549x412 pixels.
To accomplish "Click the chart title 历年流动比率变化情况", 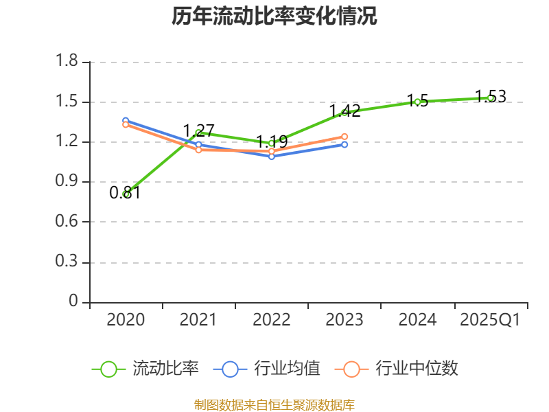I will tap(274, 16).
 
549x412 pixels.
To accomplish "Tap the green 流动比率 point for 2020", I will tap(126, 194).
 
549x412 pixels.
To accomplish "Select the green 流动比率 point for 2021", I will tap(198, 133).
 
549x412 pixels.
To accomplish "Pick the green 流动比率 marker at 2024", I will tap(417, 102).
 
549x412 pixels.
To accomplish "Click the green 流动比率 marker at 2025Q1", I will tap(490, 98).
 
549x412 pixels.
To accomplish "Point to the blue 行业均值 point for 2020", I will tap(126, 120).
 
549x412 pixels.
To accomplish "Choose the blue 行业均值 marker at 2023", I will tap(344, 144).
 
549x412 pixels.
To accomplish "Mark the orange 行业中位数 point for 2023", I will tap(344, 137).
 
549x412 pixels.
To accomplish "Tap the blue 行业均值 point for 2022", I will tap(272, 157).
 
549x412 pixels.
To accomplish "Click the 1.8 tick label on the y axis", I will tap(67, 62).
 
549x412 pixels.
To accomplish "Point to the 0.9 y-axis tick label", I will tap(67, 182).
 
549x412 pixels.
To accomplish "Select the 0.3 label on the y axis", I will tap(67, 262).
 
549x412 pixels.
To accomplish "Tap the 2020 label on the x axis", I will tap(126, 320).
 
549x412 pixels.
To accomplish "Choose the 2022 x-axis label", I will tap(272, 320).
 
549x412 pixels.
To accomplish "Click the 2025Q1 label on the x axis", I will tap(490, 320).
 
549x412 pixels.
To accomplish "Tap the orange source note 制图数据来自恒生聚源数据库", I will tap(274, 404).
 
